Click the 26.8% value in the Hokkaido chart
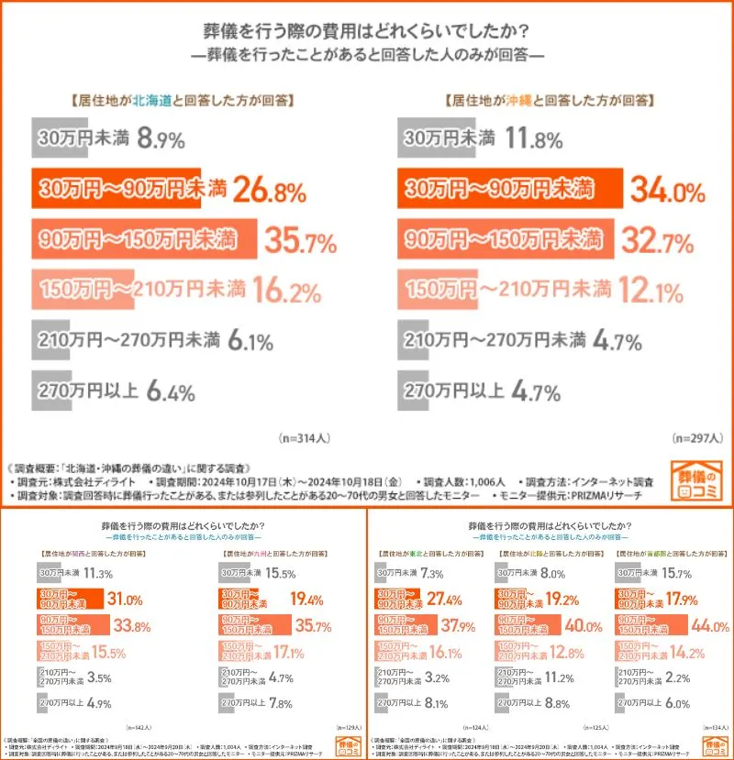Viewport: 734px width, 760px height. pos(268,190)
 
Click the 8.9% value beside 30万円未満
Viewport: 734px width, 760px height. pos(161,139)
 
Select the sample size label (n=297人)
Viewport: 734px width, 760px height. pos(694,437)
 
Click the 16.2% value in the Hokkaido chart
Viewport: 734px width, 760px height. pos(285,292)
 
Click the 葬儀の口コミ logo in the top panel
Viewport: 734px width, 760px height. pos(699,479)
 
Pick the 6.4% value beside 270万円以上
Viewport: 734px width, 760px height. pos(170,392)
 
